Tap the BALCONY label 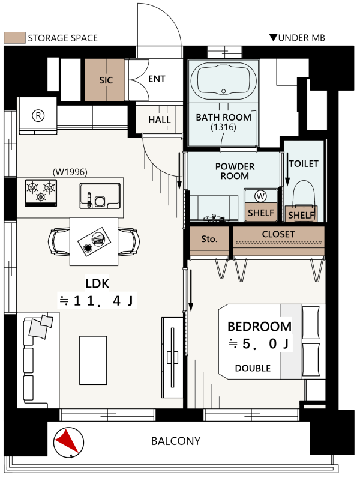click(x=176, y=441)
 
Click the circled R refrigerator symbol click(x=38, y=115)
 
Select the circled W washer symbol click(x=260, y=196)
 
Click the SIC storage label click(x=106, y=80)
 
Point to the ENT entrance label click(x=157, y=79)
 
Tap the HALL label click(x=159, y=120)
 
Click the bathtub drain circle click(x=224, y=91)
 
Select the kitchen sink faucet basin click(x=100, y=196)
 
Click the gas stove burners click(x=41, y=193)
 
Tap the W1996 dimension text click(x=70, y=172)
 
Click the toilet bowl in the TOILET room click(x=304, y=193)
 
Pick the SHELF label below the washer click(x=261, y=213)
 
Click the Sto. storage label click(x=209, y=238)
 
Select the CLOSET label click(x=278, y=234)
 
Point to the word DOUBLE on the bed click(x=253, y=368)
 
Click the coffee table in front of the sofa click(x=93, y=360)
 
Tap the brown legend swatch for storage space click(x=14, y=38)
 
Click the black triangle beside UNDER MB click(x=273, y=37)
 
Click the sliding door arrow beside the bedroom click(x=191, y=289)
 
